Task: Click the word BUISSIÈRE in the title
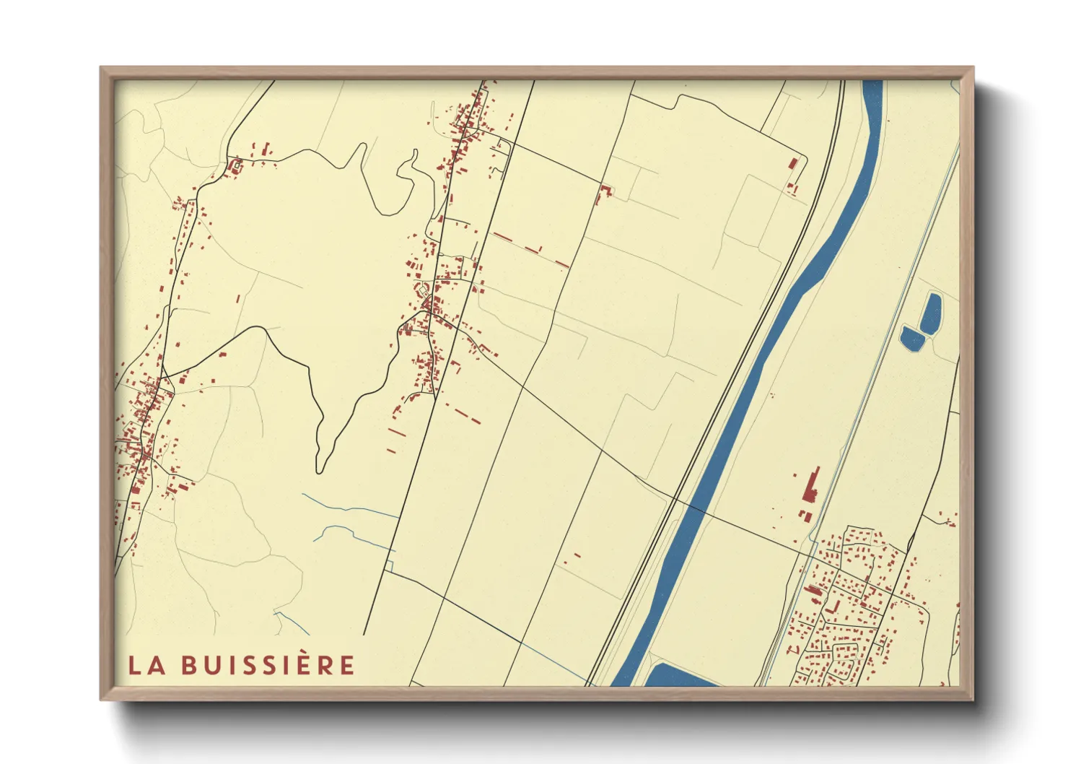coord(268,664)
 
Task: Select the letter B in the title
coord(189,665)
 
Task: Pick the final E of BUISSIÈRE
coord(347,665)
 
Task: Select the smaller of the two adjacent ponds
coord(911,337)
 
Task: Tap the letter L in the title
coord(134,665)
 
